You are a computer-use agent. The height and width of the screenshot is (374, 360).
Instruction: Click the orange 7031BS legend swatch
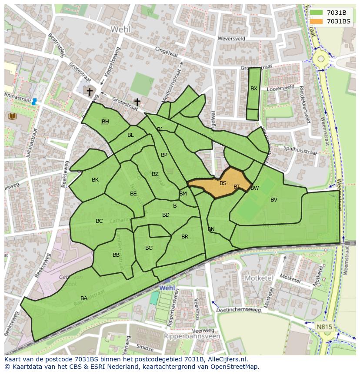click(317, 21)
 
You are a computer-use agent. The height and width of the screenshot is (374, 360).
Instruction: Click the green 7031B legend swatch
click(317, 12)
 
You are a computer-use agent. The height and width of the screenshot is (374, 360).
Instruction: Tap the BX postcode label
click(254, 88)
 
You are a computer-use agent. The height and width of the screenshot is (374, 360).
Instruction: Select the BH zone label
click(105, 121)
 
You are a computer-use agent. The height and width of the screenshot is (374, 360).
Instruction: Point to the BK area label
click(95, 179)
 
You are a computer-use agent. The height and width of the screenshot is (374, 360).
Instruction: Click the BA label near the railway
click(84, 298)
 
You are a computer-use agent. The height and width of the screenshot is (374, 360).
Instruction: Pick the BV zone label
click(274, 199)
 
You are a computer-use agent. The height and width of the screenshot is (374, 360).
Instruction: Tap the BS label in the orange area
click(223, 183)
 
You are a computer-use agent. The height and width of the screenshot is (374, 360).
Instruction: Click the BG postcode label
click(149, 248)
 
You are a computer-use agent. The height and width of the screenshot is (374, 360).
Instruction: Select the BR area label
click(185, 236)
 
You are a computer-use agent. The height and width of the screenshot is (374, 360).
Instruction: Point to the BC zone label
click(99, 221)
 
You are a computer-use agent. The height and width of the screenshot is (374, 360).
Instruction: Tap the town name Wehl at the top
click(120, 29)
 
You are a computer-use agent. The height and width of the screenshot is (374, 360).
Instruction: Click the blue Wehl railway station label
click(167, 288)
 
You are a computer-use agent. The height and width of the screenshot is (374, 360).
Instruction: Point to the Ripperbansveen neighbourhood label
click(192, 336)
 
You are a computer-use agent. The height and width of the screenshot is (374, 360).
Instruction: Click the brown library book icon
click(12, 116)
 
